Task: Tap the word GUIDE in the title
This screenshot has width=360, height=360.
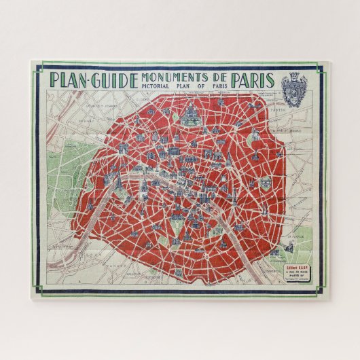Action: (111, 79)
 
